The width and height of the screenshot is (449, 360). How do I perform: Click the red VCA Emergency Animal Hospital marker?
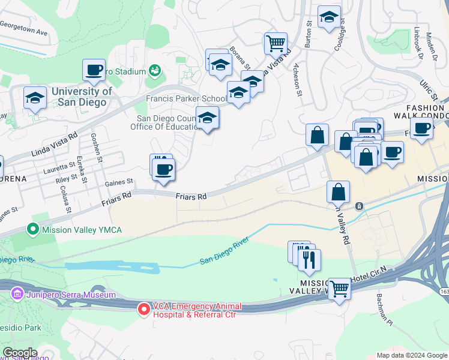tap(144, 309)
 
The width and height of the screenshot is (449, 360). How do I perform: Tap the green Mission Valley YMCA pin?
tap(33, 229)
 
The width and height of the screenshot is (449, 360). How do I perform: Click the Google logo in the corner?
tap(20, 353)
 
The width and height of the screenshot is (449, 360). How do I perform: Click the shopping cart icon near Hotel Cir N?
tap(340, 289)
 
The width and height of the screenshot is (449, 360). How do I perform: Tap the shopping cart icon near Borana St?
tap(276, 43)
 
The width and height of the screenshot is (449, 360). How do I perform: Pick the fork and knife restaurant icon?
tap(309, 259)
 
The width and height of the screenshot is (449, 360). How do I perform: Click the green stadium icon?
tap(155, 71)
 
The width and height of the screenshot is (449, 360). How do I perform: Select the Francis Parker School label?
tap(187, 98)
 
